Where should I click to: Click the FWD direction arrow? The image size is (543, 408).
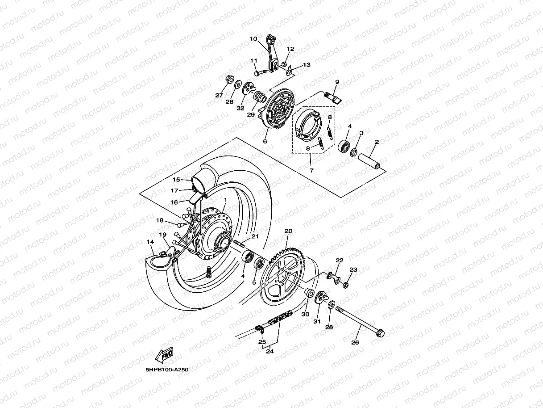coord(164,355)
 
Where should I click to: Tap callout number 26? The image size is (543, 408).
coord(355,343)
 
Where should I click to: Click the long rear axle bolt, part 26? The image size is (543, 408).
coord(359,321)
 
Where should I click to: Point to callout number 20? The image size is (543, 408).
coord(288,231)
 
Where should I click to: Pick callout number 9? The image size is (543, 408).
coord(337,82)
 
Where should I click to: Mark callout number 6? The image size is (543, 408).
coord(265,141)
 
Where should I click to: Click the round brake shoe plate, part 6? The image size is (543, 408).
coord(278,112)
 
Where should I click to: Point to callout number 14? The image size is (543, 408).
coord(150,242)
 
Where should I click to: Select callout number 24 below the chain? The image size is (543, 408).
coord(269,351)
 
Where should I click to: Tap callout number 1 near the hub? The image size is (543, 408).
coord(226,200)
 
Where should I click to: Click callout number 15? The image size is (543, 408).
coord(176,179)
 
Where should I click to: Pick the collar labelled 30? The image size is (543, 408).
coord(307,294)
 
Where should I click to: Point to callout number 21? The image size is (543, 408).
coord(255,236)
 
